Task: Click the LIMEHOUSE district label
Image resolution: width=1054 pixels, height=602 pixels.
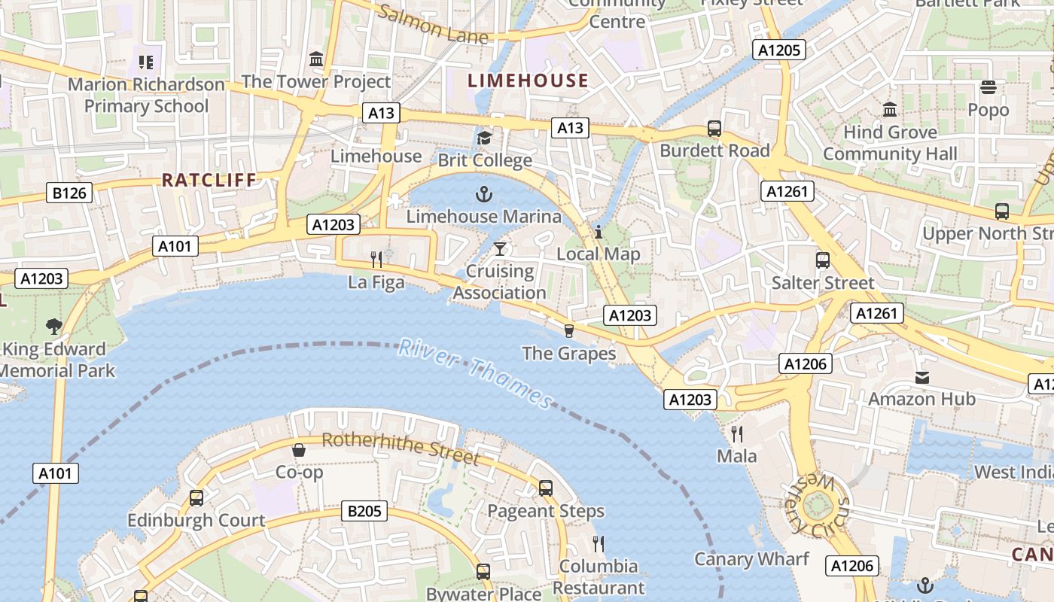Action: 528,81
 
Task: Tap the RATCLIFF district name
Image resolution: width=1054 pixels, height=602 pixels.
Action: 209,180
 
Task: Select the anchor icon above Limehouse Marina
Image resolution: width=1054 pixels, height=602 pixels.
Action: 484,195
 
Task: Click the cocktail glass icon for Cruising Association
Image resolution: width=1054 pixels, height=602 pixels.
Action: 500,249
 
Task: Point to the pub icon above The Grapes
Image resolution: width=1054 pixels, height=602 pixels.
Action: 569,331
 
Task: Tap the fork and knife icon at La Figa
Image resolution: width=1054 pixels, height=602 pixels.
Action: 376,260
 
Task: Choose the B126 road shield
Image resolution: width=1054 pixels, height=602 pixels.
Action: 69,193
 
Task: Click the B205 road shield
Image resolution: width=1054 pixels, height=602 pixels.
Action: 364,512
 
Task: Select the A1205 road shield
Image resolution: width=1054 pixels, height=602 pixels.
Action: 779,50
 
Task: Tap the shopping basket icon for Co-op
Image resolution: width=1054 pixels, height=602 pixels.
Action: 299,450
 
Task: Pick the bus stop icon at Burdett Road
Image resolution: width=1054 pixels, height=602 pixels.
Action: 714,129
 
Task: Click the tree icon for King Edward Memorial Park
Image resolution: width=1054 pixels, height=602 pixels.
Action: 53,326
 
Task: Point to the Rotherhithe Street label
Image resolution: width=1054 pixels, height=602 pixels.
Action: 400,448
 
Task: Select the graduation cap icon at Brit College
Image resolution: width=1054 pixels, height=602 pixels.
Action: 484,138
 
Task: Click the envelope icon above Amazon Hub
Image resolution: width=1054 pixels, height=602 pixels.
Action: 922,377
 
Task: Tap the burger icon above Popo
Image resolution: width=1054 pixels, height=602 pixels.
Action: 989,87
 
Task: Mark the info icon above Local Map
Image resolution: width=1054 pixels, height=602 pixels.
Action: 599,232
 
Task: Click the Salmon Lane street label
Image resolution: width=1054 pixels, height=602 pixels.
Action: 432,25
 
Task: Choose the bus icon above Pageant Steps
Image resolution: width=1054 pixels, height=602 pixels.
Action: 546,488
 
